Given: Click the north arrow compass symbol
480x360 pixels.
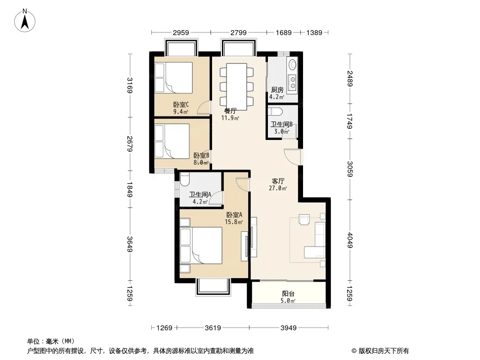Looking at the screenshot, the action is coord(25,21).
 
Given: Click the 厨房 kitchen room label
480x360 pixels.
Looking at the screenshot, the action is coord(277,90).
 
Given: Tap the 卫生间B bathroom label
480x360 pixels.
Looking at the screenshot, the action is coord(281,124).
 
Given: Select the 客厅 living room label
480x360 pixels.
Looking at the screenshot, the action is coord(278,181).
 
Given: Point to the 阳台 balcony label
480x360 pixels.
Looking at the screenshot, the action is coord(288,294).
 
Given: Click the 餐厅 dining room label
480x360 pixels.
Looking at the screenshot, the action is coord(230,111).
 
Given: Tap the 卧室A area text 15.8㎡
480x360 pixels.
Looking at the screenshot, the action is coord(234,222).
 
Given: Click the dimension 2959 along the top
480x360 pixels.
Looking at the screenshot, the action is coord(181,32).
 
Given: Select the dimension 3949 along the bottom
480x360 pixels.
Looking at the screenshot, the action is coord(288,328).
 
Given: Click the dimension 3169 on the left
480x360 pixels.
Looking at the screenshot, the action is coord(130,85).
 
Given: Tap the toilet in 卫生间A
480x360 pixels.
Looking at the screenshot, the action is coord(185,179).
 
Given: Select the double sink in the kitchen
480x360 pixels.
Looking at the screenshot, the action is coord(293,81).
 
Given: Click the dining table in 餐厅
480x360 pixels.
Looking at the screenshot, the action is coord(236,86).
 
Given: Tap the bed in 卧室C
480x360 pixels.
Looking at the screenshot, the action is coord(173,78).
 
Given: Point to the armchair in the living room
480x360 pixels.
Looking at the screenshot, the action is coord(304,220).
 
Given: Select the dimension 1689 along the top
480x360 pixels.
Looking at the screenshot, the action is coord(284,32).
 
